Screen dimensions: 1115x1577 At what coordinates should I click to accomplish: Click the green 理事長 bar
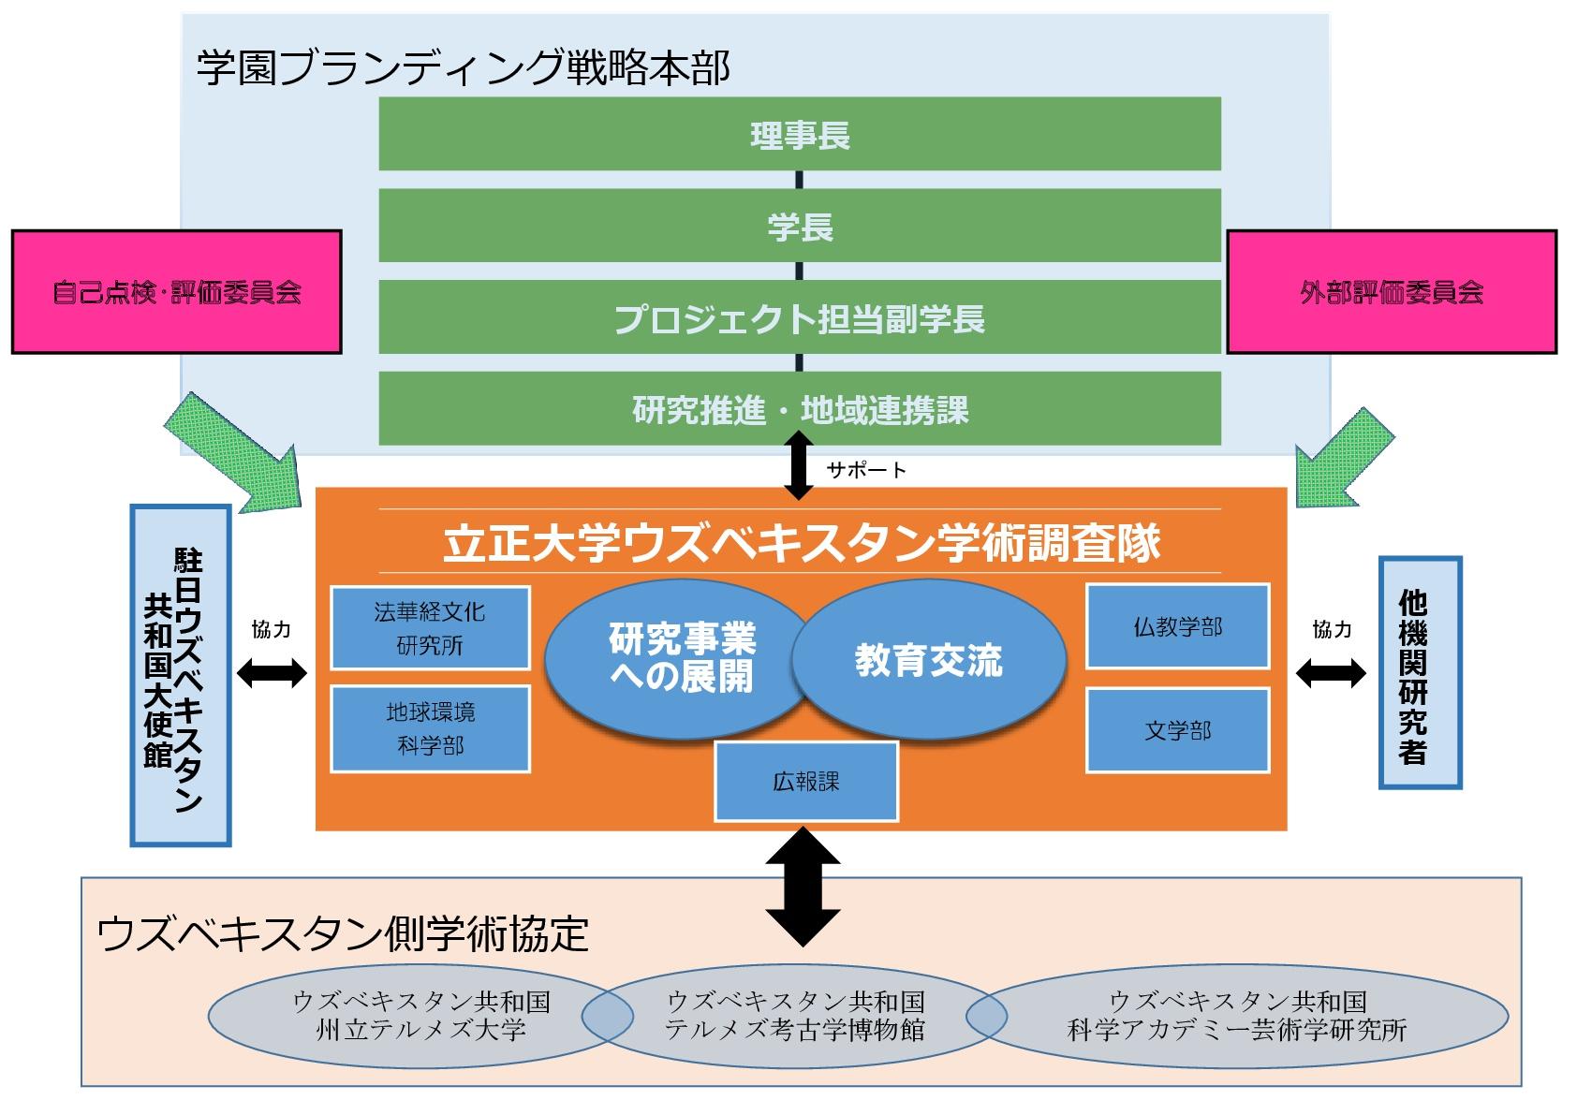(799, 134)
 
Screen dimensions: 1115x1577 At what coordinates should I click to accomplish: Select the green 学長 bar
(799, 226)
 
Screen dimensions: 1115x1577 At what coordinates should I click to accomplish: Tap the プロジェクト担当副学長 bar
(799, 317)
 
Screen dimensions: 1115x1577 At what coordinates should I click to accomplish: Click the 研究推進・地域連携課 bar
(799, 408)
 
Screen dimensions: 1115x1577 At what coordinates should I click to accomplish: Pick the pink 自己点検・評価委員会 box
(176, 292)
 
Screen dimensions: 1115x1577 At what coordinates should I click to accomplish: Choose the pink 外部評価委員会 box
(1391, 292)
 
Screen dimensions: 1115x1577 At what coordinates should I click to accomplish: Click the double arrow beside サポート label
(798, 465)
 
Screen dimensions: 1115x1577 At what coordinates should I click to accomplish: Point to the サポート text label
(866, 470)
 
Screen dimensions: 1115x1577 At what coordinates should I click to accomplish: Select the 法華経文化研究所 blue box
(430, 627)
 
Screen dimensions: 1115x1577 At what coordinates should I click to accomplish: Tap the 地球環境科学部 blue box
(430, 728)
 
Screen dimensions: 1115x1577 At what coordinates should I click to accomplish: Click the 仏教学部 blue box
(1177, 626)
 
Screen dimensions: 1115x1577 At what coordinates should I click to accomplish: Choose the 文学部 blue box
(1177, 730)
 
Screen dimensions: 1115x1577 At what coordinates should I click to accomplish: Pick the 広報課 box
(805, 781)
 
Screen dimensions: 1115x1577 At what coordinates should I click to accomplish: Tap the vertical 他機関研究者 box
(1420, 672)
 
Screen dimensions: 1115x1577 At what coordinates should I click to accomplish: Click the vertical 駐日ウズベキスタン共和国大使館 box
(180, 675)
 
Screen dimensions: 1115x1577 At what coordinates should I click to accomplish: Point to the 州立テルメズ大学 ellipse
(403, 1016)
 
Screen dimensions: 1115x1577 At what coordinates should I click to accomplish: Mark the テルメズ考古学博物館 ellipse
(794, 1016)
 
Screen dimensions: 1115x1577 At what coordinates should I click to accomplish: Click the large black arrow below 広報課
(803, 886)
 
